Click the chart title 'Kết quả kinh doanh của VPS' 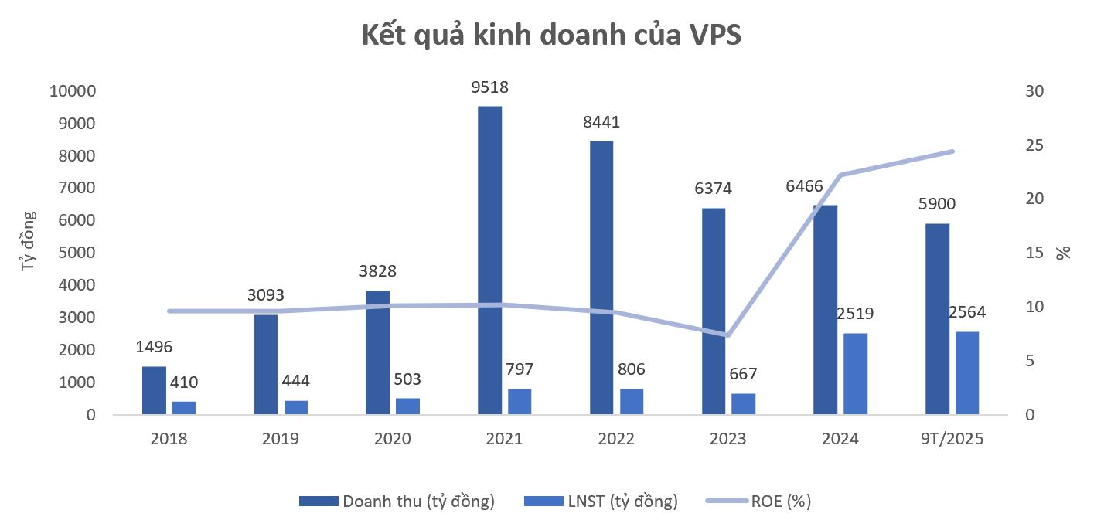coord(551,36)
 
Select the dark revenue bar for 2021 coord(489,260)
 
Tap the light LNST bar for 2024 coord(856,374)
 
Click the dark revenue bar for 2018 coord(154,390)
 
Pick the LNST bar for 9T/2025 coord(967,373)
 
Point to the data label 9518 coord(489,87)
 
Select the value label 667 coord(744,373)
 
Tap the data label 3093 coord(266,294)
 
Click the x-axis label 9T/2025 coord(952,439)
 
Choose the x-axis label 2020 coord(392,439)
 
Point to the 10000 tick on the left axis coord(72,91)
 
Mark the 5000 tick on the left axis coord(76,253)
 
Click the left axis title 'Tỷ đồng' coord(29,240)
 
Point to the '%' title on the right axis coord(1065,253)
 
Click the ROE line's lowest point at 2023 coord(727,335)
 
